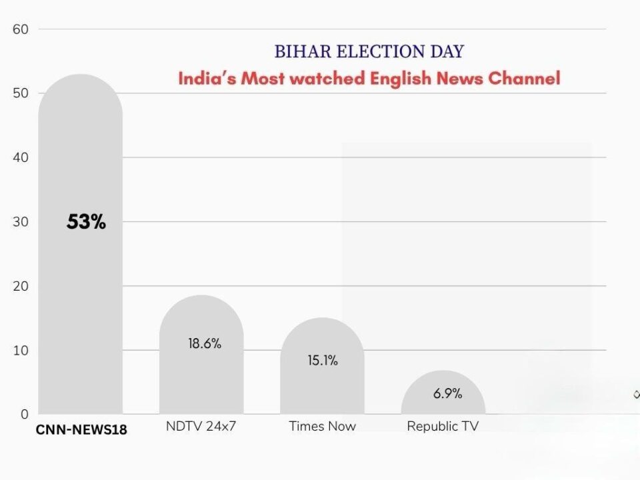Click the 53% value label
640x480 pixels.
point(86,223)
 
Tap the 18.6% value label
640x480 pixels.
point(204,344)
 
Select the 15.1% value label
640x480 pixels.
point(323,361)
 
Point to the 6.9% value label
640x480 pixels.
point(447,393)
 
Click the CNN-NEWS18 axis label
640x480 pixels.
point(81,430)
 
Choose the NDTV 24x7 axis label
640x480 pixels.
point(201,426)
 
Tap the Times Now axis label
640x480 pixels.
point(322,426)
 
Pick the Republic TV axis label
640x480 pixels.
point(443,426)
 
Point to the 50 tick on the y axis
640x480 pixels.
point(20,93)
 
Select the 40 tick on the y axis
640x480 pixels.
point(20,157)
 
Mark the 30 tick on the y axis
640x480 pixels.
point(20,221)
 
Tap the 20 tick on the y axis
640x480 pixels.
point(20,286)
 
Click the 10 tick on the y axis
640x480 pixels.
point(20,350)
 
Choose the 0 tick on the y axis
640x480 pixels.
point(23,414)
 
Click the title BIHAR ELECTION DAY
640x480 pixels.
point(369,51)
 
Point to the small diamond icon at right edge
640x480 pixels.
point(636,395)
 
